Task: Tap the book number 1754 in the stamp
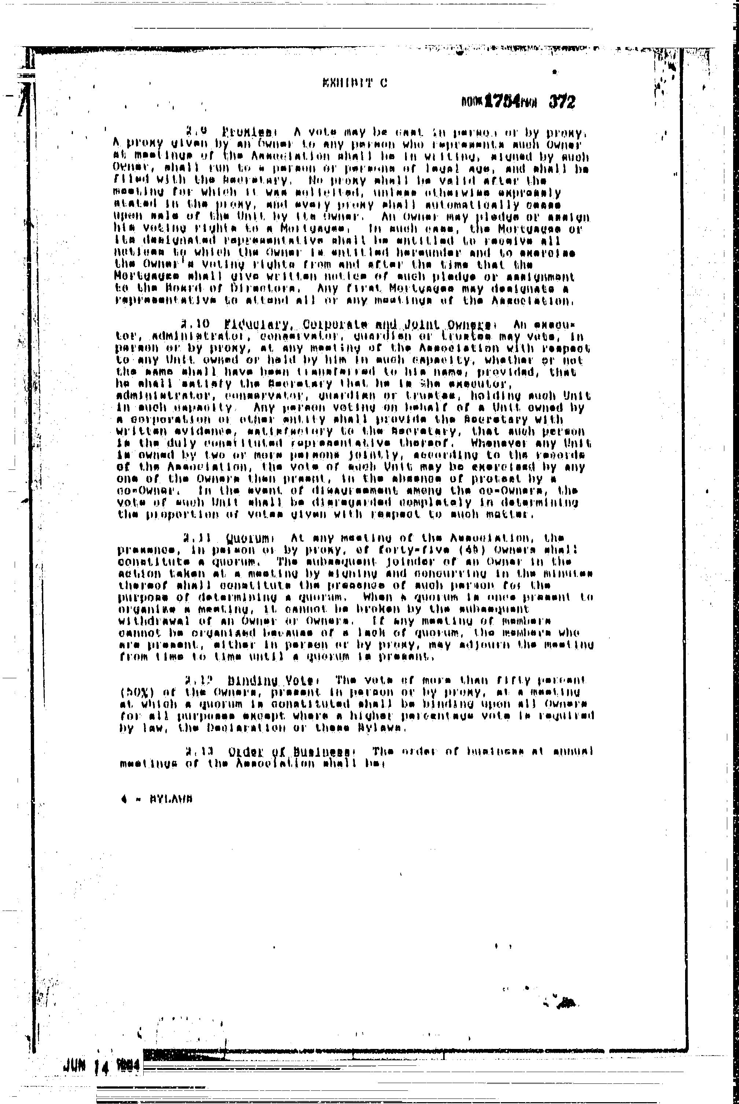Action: point(503,101)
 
